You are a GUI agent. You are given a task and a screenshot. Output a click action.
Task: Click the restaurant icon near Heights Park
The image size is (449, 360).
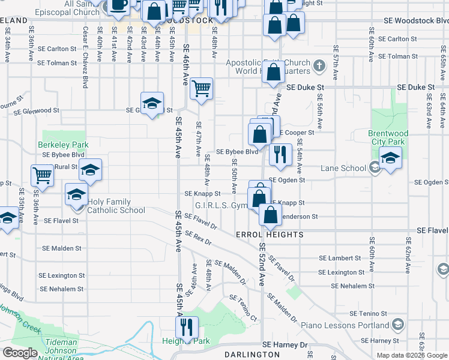[x=187, y=328]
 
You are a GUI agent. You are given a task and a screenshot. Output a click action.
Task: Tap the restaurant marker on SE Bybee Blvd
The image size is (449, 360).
[x=280, y=154]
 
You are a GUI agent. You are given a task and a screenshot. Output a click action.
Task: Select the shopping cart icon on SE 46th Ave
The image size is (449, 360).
[x=202, y=89]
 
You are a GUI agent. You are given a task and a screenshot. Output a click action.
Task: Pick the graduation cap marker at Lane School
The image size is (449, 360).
[x=390, y=159]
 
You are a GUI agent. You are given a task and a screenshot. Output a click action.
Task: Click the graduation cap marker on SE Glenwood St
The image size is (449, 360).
[x=152, y=103]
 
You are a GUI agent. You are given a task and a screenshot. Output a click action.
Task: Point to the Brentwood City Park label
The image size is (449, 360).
[x=388, y=137]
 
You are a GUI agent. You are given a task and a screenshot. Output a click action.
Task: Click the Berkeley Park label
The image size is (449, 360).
[x=63, y=145]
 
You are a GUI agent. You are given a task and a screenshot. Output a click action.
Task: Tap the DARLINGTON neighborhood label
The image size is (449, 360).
[x=252, y=355]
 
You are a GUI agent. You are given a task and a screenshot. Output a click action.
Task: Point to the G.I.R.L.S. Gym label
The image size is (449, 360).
[x=222, y=206]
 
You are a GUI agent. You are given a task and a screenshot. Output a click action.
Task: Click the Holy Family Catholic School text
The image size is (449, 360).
[x=116, y=206]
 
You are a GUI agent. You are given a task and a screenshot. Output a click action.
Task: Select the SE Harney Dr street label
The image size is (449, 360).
[x=285, y=345]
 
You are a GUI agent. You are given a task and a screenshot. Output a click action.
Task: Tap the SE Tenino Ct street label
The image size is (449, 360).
[x=243, y=308]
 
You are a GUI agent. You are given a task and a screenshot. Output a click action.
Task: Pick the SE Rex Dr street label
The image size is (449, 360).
[x=198, y=238]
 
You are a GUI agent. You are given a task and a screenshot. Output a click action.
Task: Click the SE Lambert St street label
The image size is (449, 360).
[x=340, y=258]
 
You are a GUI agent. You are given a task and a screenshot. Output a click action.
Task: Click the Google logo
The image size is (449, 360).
[x=20, y=353]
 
